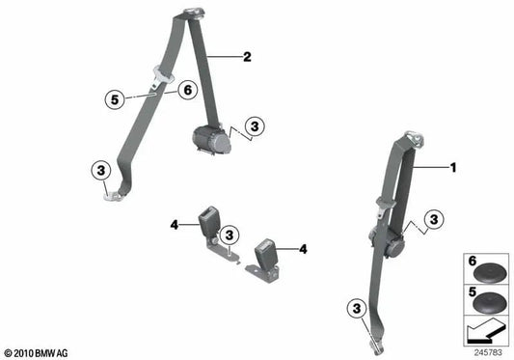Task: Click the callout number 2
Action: pos(247,57)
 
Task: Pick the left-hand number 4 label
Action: pos(176,225)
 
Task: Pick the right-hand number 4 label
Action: pos(303,249)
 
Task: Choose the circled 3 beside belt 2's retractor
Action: pos(255,125)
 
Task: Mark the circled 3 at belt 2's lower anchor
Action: pos(99,172)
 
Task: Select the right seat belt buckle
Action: pos(265,255)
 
